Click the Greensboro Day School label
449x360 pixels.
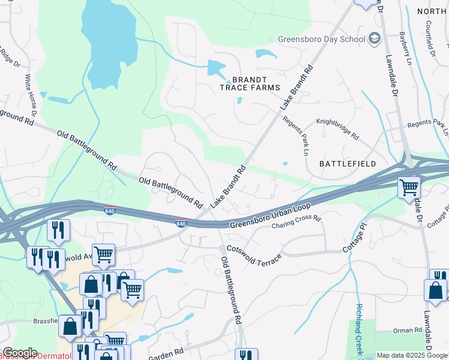(x=321, y=40)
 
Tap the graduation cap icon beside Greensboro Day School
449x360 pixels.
(x=375, y=39)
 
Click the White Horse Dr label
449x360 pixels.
(x=31, y=95)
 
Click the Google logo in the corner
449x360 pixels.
(x=20, y=353)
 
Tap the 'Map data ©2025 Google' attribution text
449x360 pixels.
(x=412, y=355)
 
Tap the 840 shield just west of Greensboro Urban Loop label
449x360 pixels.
(x=181, y=224)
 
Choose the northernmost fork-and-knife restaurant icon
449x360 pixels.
(x=59, y=229)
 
